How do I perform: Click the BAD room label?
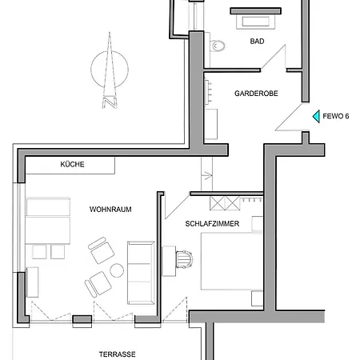[257, 42]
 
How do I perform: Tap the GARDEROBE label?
[256, 94]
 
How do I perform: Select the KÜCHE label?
[72, 164]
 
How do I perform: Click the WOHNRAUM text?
[110, 210]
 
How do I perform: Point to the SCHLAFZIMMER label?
[212, 224]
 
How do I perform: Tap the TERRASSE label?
[118, 354]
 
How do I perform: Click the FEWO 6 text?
[336, 116]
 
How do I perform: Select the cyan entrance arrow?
[316, 117]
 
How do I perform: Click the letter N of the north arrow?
[110, 103]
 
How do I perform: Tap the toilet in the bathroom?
[217, 46]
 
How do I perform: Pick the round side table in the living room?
[117, 270]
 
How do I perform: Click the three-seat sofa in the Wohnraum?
[141, 273]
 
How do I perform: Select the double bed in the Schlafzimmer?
[231, 261]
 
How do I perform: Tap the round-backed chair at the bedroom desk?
[184, 259]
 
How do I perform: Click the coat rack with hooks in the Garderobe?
[208, 91]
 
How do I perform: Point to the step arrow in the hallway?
[207, 176]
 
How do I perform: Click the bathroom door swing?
[274, 58]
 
